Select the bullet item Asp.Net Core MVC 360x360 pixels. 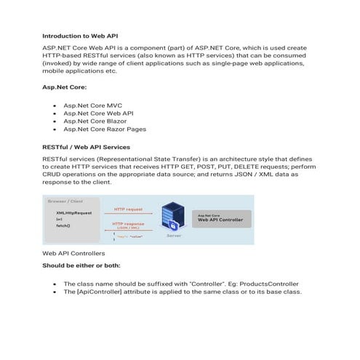(92, 106)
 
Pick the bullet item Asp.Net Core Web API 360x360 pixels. (98, 113)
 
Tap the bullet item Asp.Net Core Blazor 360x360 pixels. (95, 121)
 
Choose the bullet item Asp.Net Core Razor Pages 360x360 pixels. (105, 129)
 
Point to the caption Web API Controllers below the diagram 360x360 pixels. (73, 253)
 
